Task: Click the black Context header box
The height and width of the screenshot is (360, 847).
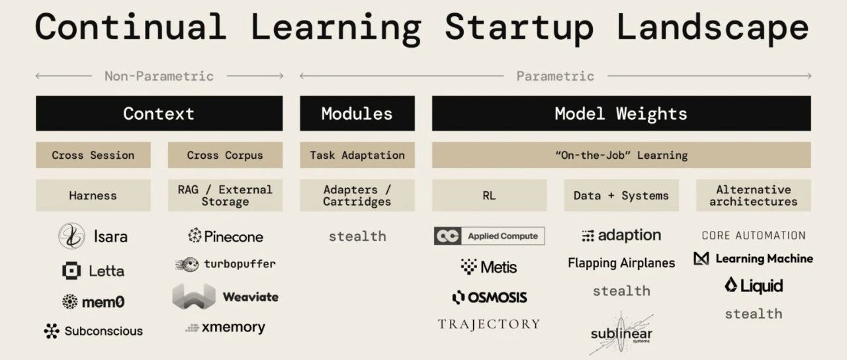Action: [159, 113]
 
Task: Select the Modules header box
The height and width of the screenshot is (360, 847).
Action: [357, 113]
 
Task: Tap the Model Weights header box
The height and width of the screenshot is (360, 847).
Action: [621, 113]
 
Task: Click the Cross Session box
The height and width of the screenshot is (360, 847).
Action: [93, 155]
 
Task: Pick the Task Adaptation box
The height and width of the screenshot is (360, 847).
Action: [357, 155]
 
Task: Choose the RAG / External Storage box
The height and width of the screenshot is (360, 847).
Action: [226, 195]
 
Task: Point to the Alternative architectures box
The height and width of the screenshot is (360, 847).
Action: [754, 195]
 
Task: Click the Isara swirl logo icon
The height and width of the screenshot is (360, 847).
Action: [71, 236]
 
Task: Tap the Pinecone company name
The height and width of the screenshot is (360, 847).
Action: [234, 237]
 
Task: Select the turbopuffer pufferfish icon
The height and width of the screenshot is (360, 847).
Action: [187, 264]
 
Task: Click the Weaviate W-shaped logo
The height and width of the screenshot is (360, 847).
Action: [194, 296]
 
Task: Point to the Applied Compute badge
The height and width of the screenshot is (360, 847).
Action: [489, 236]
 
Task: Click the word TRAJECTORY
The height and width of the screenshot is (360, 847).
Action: [489, 324]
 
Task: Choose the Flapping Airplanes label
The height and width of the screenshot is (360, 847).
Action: [621, 263]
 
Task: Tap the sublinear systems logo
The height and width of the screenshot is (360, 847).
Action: [621, 334]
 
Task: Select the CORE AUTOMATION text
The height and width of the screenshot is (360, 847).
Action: [754, 236]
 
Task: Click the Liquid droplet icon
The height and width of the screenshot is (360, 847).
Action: [731, 285]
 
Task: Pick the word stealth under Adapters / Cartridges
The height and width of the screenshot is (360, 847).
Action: [357, 236]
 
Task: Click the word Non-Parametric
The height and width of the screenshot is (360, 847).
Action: [159, 76]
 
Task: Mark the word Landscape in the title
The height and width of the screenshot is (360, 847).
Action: [713, 27]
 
